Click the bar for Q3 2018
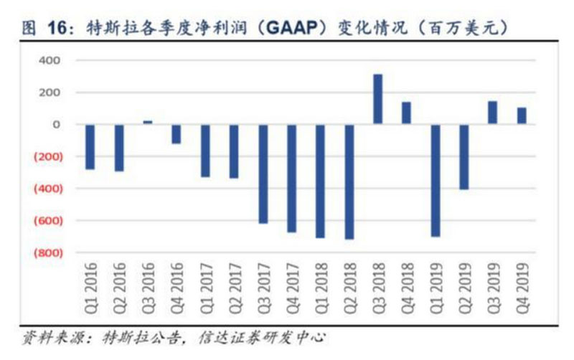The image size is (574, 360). click(x=377, y=99)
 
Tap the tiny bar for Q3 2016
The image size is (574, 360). click(x=148, y=122)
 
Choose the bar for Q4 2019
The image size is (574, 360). click(x=521, y=115)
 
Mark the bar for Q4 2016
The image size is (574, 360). click(x=177, y=133)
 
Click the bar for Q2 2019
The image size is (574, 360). click(x=464, y=156)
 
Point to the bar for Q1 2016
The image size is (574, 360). click(x=90, y=146)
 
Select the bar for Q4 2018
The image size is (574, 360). click(x=406, y=113)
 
